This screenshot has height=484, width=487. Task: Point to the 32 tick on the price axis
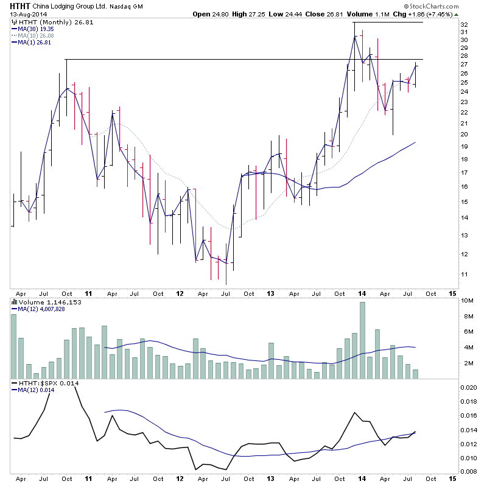point(463,24)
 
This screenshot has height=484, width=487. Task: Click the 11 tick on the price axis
point(463,275)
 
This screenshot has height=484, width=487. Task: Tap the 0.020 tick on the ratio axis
point(469,387)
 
